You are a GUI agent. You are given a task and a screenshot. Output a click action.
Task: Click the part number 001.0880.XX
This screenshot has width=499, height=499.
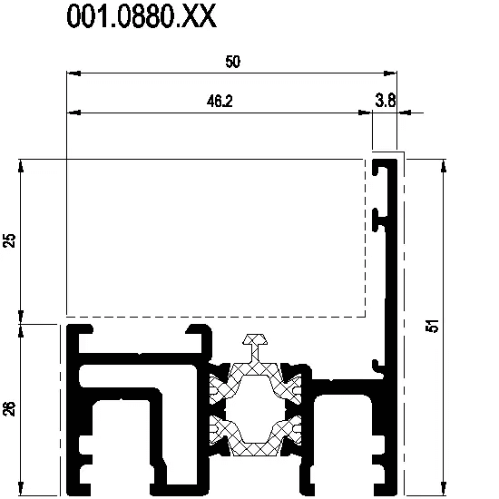142,16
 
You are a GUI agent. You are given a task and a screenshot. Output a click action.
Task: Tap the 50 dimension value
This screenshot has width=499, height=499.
232,62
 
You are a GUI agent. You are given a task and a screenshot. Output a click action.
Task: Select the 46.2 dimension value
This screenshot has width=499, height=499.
220,102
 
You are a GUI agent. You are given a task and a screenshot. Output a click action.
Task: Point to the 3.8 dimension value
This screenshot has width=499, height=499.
386,100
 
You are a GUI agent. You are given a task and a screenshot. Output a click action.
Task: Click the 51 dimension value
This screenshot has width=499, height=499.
433,326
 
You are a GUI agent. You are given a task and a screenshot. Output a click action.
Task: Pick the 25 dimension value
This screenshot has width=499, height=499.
10,240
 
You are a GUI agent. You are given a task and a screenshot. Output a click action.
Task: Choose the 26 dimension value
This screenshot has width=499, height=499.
10,408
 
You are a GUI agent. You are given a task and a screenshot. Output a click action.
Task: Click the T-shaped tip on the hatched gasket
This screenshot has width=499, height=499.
255,339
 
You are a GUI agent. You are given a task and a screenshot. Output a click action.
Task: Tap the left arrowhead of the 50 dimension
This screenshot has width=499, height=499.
73,73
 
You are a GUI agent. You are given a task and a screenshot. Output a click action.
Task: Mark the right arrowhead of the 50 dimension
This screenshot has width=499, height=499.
390,73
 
